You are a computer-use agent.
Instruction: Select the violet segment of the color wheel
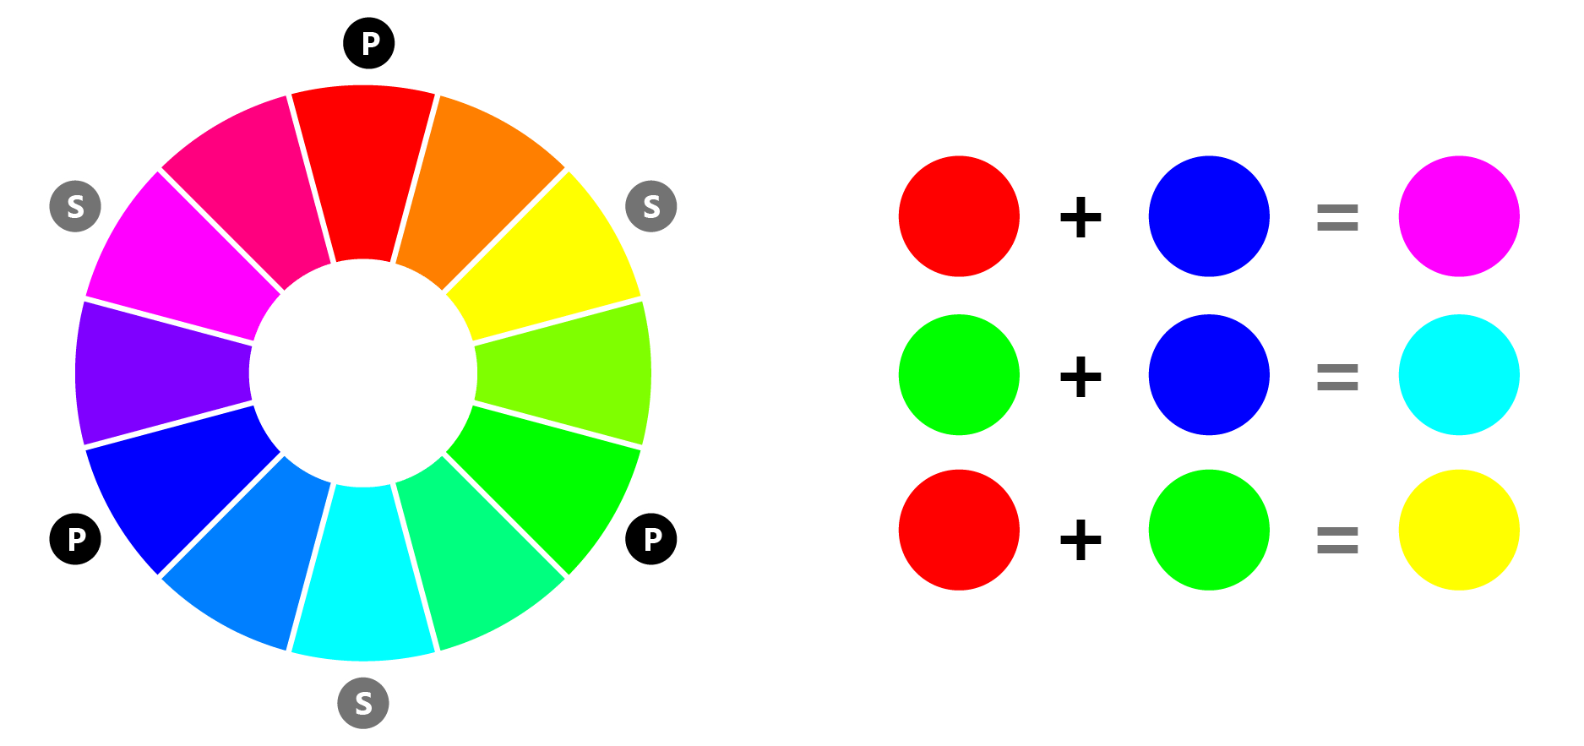click(x=161, y=372)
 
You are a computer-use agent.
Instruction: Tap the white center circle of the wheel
click(x=363, y=373)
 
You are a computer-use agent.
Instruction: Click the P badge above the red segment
click(x=369, y=43)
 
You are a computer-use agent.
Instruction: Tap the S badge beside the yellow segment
click(x=651, y=206)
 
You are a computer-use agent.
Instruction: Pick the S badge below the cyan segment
click(x=363, y=703)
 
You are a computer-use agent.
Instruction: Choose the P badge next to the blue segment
click(x=76, y=538)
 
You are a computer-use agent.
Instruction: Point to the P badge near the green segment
click(x=651, y=538)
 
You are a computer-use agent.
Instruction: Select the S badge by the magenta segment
click(x=75, y=206)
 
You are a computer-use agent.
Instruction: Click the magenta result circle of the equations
click(x=1459, y=216)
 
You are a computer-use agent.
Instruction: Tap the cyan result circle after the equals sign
click(x=1459, y=375)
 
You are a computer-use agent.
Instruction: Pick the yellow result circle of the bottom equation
click(x=1459, y=530)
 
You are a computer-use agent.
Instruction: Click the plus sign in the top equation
click(x=1080, y=217)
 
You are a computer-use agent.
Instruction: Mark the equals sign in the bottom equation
click(x=1337, y=541)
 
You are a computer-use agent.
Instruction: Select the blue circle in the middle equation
click(x=1209, y=375)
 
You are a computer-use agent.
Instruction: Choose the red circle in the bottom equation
click(x=959, y=530)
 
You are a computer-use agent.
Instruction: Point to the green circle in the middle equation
click(x=959, y=375)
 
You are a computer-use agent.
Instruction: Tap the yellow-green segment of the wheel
click(x=566, y=372)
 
